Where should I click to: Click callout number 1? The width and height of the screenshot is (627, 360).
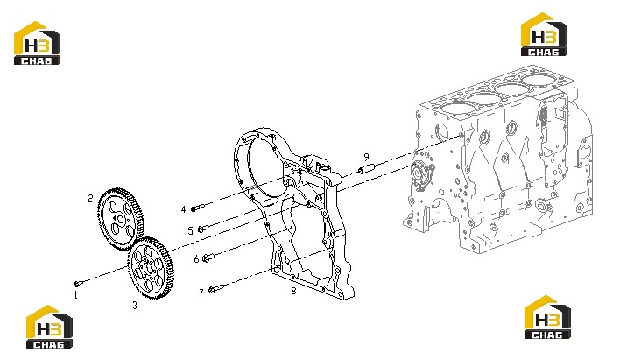click(x=75, y=295)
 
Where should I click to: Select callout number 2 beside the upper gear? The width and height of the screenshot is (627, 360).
click(x=91, y=199)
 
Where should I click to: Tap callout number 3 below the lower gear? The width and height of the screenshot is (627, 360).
click(x=135, y=305)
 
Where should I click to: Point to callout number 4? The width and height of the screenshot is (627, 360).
click(x=184, y=209)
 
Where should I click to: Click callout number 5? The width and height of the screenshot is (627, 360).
click(x=191, y=230)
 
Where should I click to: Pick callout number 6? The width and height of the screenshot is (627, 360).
click(x=196, y=259)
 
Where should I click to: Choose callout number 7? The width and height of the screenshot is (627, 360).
click(x=201, y=293)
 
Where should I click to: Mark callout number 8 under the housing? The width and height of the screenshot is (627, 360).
click(x=293, y=291)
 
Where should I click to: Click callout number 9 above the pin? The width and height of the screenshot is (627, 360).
click(x=366, y=157)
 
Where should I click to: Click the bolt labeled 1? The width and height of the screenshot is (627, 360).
click(x=79, y=284)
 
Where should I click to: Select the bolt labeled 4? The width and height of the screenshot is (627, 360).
click(x=197, y=208)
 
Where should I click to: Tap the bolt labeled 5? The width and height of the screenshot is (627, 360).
click(x=203, y=229)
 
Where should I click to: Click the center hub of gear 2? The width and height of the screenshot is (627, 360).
click(x=119, y=219)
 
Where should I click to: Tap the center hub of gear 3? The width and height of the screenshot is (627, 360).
click(x=149, y=268)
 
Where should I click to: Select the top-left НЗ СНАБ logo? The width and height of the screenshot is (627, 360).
click(x=37, y=43)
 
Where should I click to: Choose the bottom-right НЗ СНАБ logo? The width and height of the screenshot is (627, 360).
click(x=547, y=317)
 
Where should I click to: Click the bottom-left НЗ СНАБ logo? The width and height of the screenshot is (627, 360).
click(x=50, y=327)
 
